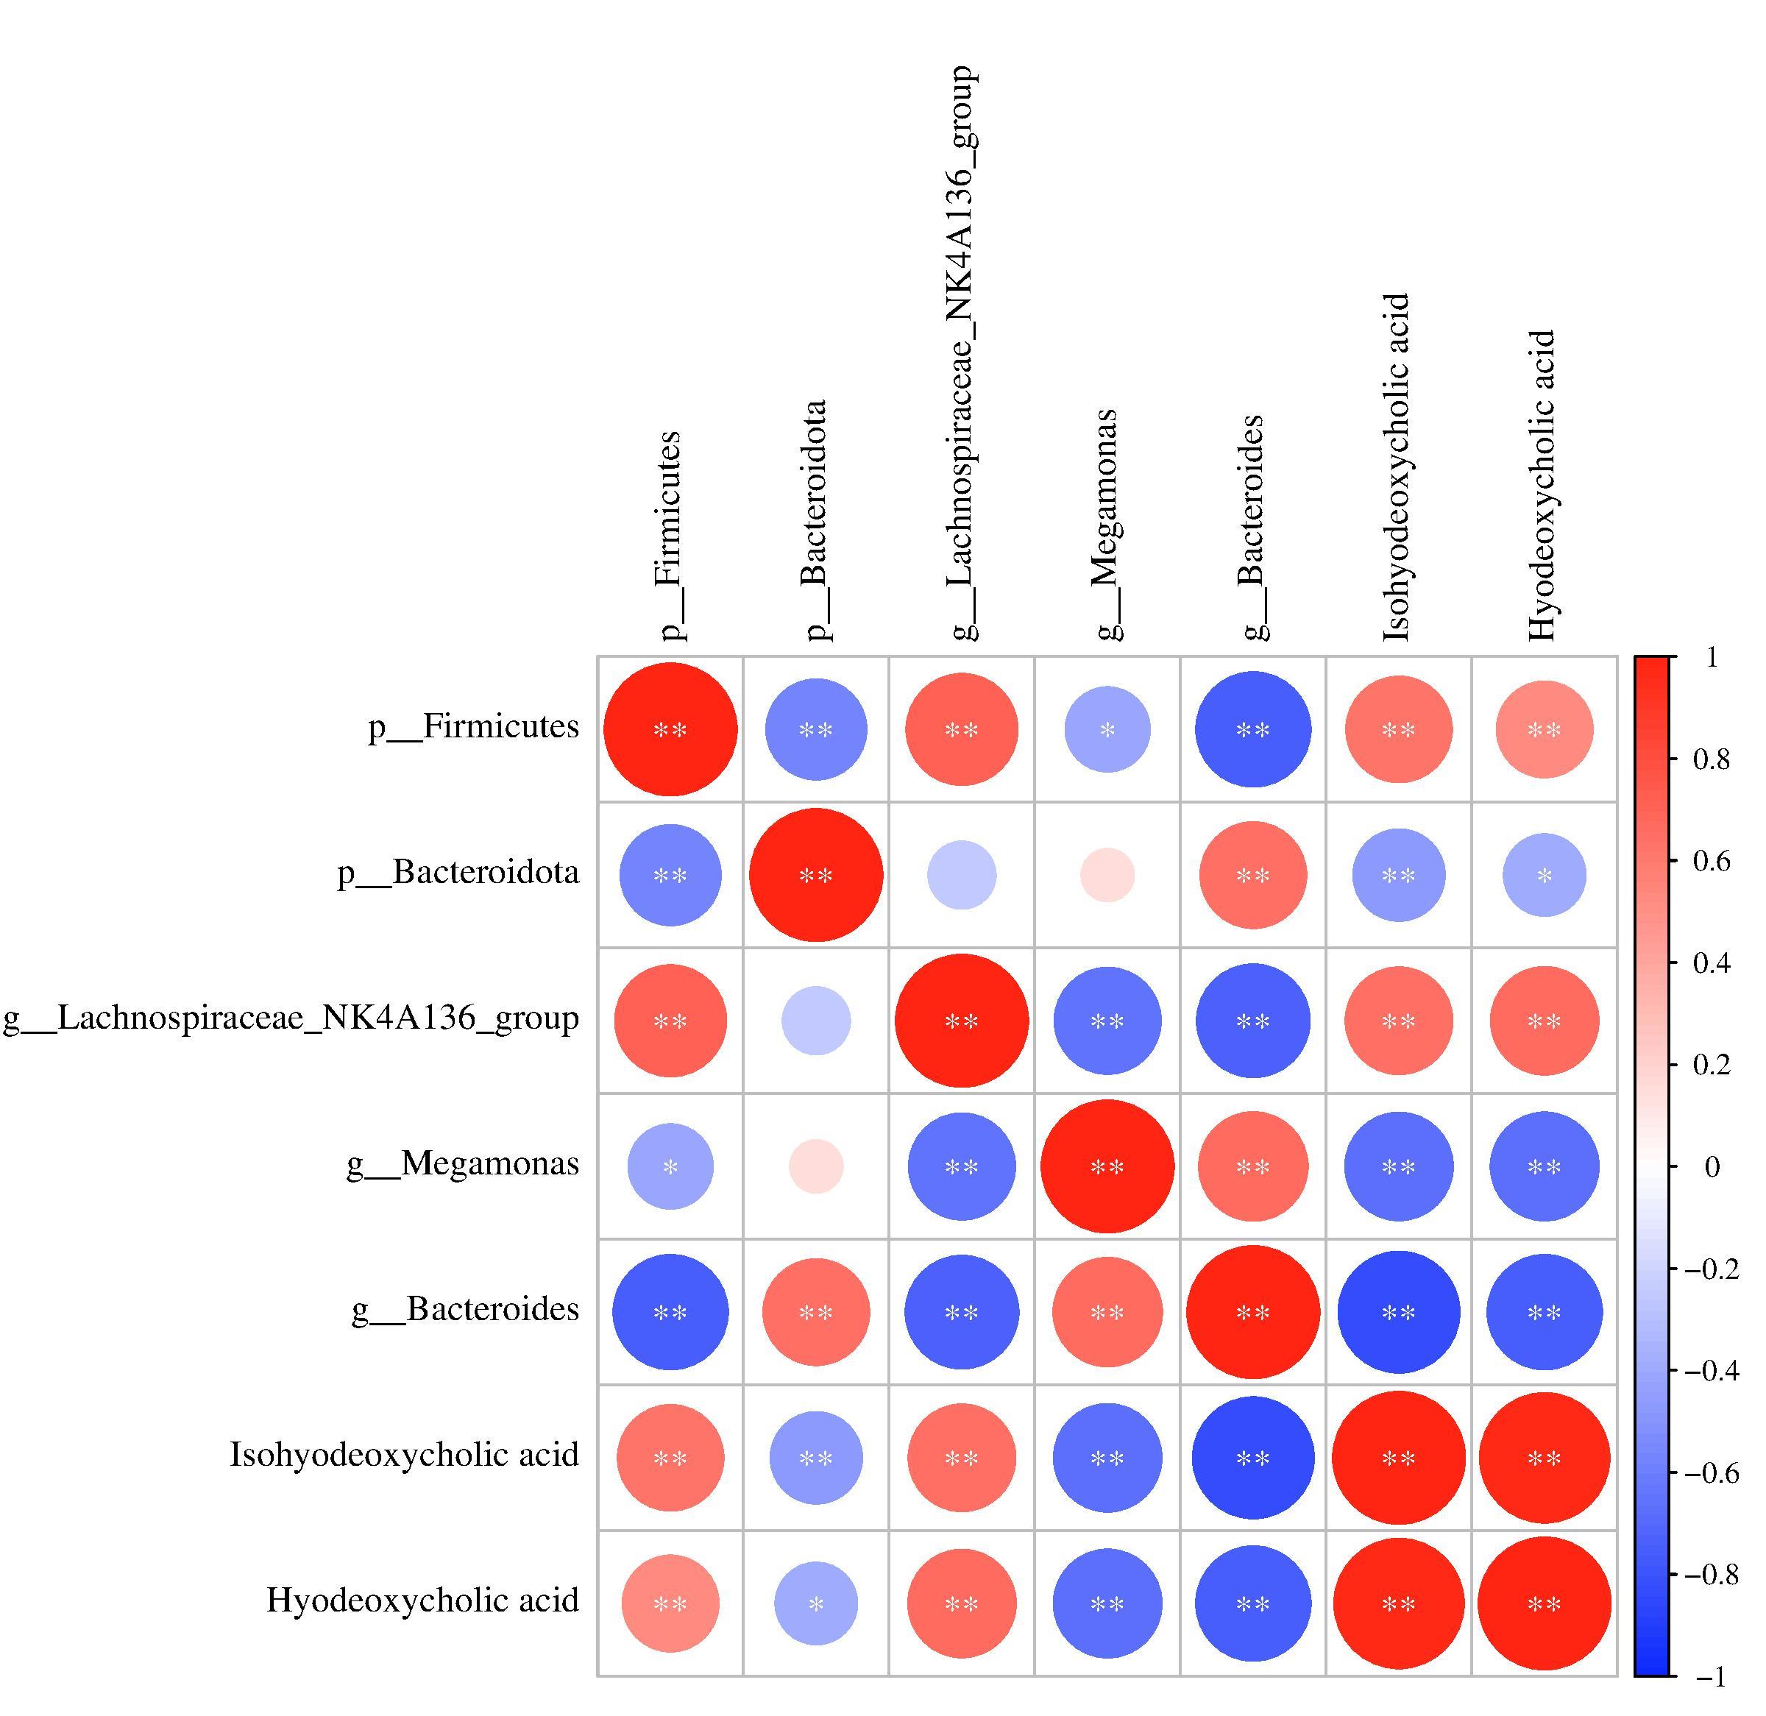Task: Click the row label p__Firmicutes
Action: coord(473,726)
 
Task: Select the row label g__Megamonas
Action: coord(463,1163)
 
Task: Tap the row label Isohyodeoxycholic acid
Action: coord(405,1455)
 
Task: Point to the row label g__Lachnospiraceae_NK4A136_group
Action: coord(291,1018)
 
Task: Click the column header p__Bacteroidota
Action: coord(815,521)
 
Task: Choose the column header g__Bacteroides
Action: coord(1252,528)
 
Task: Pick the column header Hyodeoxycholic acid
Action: coord(1542,486)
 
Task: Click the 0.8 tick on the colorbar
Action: coord(1674,759)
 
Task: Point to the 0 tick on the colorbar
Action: coord(1674,1166)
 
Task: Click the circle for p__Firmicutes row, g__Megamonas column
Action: coord(1107,729)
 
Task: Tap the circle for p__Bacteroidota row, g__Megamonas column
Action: coord(1107,875)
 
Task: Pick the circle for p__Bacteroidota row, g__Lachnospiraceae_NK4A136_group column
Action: coord(962,875)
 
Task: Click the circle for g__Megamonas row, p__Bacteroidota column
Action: coord(816,1166)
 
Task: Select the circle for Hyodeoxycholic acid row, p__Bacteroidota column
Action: coord(816,1603)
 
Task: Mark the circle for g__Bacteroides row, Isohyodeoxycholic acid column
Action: coord(1398,1312)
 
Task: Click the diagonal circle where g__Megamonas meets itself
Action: coord(1107,1166)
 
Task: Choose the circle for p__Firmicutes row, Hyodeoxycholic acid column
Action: coord(1545,729)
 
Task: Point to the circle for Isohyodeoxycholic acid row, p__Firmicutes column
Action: coord(670,1457)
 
